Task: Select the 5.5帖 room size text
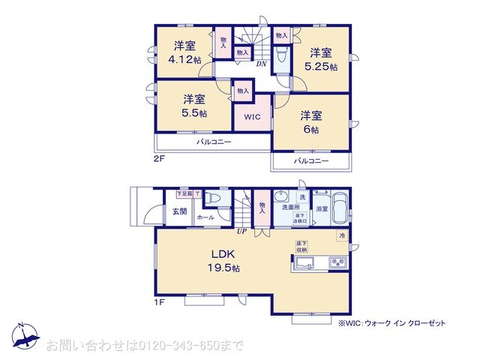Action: coord(195,112)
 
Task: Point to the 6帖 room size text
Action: coord(311,129)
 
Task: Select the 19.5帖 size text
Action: coord(225,268)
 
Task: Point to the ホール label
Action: coord(205,217)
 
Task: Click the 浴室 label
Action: coord(322,208)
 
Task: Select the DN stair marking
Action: coord(261,64)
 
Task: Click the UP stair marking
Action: coord(241,231)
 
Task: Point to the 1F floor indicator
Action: coord(160,301)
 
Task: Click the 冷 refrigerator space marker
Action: coord(342,236)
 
